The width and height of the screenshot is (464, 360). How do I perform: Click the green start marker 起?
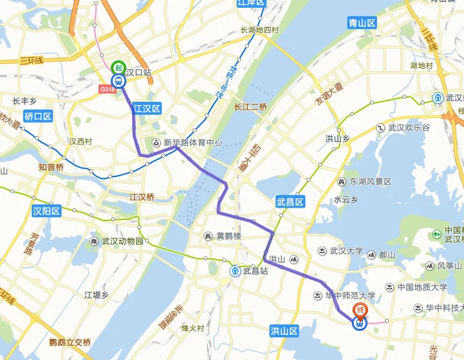coord(118,67)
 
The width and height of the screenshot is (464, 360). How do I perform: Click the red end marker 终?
coord(358,310)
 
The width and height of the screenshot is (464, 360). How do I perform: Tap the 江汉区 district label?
coord(146,109)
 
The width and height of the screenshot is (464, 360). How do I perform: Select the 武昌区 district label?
coord(290,202)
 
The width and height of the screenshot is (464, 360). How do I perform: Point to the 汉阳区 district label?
coord(47,211)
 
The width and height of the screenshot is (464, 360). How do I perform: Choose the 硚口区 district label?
coord(37,117)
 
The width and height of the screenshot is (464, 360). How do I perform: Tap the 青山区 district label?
coord(362,23)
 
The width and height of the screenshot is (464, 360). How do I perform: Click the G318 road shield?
coord(108,90)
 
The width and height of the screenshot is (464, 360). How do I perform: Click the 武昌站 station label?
coord(255,271)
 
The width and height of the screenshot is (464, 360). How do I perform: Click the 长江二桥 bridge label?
coord(251,107)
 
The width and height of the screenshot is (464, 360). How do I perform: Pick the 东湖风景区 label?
coord(371,182)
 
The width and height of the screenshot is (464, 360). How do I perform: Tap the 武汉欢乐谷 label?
coord(409,128)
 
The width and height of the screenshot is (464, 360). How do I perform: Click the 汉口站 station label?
coord(138,73)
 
